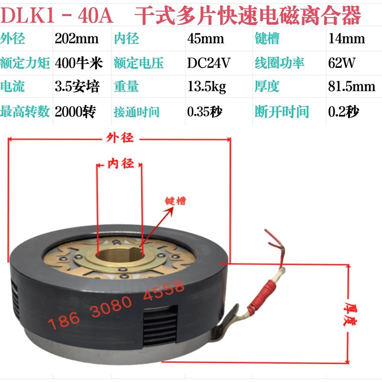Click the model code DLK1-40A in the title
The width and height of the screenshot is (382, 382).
[58, 17]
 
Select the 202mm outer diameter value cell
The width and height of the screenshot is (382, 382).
[76, 39]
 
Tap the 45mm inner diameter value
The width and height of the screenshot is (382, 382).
[202, 39]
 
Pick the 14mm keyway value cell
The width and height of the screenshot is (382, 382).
[346, 39]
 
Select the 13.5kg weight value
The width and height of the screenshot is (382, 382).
[206, 87]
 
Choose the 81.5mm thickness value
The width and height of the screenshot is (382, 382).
[351, 87]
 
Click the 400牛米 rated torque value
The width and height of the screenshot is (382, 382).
[77, 63]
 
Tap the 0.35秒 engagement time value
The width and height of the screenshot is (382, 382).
[207, 112]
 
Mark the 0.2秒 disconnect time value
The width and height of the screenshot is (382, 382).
[343, 112]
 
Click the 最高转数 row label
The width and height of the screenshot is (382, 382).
[26, 112]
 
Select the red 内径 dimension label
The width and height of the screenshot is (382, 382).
[119, 164]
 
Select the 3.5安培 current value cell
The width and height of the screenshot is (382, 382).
[77, 87]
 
